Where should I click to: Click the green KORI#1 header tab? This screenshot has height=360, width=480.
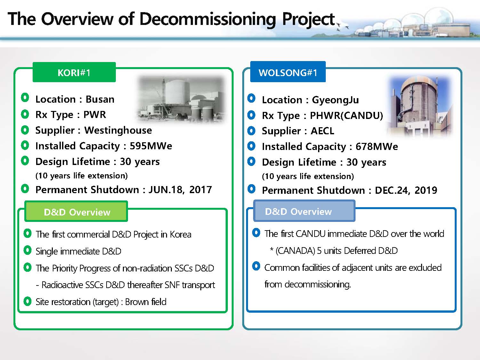pyautogui.click(x=74, y=72)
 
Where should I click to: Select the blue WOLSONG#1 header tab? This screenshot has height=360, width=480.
pyautogui.click(x=288, y=72)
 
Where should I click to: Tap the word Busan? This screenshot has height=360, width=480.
pyautogui.click(x=100, y=99)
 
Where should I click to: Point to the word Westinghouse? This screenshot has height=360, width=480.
pyautogui.click(x=118, y=130)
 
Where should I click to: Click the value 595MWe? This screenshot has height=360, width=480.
pyautogui.click(x=151, y=146)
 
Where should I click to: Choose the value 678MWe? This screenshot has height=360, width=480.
pyautogui.click(x=377, y=146)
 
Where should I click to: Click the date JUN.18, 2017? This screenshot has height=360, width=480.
pyautogui.click(x=180, y=190)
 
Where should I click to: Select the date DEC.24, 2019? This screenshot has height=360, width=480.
pyautogui.click(x=406, y=190)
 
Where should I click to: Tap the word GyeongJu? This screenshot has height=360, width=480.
pyautogui.click(x=335, y=100)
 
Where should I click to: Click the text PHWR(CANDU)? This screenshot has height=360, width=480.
pyautogui.click(x=347, y=115)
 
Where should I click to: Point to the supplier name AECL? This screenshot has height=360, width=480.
pyautogui.click(x=323, y=131)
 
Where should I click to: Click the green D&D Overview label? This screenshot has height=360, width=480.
pyautogui.click(x=76, y=211)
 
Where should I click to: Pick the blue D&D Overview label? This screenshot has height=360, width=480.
pyautogui.click(x=304, y=211)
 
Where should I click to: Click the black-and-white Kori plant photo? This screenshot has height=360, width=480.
pyautogui.click(x=181, y=99)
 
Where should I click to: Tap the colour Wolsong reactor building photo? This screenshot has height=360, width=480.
pyautogui.click(x=419, y=106)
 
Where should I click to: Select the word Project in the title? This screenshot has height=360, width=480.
pyautogui.click(x=308, y=19)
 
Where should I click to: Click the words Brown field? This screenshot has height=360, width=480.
pyautogui.click(x=146, y=302)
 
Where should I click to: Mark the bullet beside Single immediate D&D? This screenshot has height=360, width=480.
pyautogui.click(x=28, y=250)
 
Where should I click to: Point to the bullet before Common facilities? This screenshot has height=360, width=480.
pyautogui.click(x=256, y=266)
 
